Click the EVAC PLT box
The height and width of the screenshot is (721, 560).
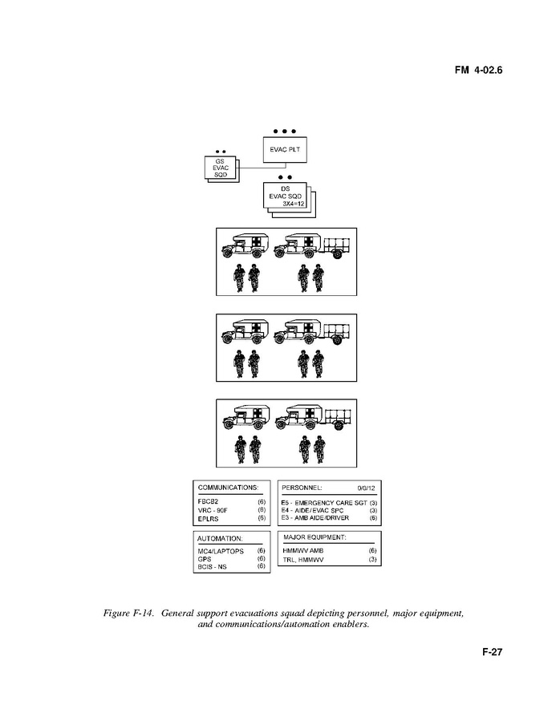(x=285, y=149)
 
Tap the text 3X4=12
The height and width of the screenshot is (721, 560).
(x=293, y=204)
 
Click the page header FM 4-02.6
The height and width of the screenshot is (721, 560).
(x=478, y=70)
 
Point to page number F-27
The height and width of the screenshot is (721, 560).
(x=493, y=651)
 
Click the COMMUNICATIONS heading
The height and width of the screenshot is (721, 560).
(x=228, y=488)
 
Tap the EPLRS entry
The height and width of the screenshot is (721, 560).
(x=209, y=519)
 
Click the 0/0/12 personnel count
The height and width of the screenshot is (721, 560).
(x=367, y=488)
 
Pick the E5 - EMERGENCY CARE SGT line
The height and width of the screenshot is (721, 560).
(x=324, y=503)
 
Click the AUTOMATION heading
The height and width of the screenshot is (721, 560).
(x=220, y=538)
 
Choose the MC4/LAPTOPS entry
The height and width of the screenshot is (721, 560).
(x=221, y=551)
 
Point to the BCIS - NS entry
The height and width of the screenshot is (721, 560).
(x=212, y=566)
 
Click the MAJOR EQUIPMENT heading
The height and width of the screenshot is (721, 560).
(x=314, y=537)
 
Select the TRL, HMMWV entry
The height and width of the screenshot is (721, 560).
(x=303, y=560)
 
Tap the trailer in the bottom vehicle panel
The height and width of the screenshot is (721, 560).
(x=339, y=419)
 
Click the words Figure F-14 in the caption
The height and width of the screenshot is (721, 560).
(x=128, y=614)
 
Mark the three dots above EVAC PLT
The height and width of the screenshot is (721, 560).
(x=284, y=131)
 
